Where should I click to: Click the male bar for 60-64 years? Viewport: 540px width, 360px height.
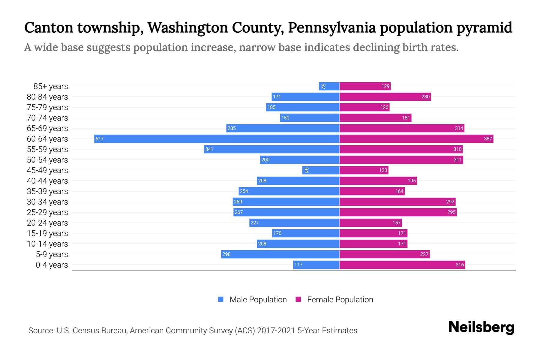(217, 139)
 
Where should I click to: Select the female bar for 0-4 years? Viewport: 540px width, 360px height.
(402, 265)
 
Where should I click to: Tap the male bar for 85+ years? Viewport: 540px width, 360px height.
(329, 86)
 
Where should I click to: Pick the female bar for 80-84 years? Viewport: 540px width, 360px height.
(385, 97)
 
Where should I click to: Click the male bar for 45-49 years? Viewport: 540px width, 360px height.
(321, 170)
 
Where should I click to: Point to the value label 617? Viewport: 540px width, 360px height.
(99, 139)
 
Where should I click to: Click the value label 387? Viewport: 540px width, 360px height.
(488, 139)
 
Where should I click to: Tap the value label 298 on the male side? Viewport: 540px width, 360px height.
(226, 254)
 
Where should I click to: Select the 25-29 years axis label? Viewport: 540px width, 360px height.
(47, 212)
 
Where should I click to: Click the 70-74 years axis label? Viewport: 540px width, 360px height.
(47, 118)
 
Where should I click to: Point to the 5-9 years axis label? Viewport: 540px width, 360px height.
(52, 254)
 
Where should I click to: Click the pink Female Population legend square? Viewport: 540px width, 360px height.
(298, 299)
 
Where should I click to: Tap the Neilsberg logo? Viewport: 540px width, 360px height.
(481, 327)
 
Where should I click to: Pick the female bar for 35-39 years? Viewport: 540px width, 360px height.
(372, 191)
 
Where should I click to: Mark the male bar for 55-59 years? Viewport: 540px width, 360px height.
(271, 149)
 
